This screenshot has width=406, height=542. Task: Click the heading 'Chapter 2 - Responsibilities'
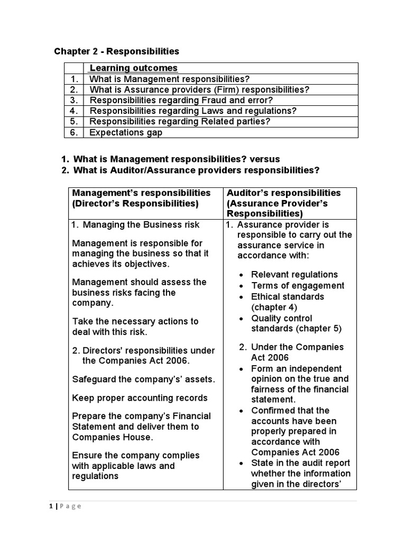pyautogui.click(x=117, y=51)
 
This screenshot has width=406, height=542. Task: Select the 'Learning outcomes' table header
pyautogui.click(x=133, y=68)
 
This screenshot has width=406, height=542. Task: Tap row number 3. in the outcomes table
pyautogui.click(x=75, y=100)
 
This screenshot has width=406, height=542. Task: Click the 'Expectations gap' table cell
pyautogui.click(x=126, y=132)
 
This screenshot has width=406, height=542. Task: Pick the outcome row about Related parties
pyautogui.click(x=180, y=121)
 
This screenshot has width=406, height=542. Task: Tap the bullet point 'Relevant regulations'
pyautogui.click(x=294, y=274)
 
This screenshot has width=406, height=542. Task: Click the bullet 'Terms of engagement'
pyautogui.click(x=297, y=285)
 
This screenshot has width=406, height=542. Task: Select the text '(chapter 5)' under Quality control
pyautogui.click(x=319, y=328)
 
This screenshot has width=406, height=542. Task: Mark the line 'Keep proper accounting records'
pyautogui.click(x=140, y=398)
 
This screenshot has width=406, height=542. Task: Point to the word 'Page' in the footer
pyautogui.click(x=70, y=506)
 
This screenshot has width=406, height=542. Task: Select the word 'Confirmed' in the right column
pyautogui.click(x=273, y=410)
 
